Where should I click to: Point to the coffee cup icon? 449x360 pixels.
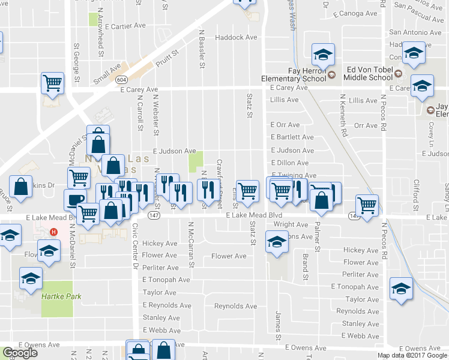[75, 199]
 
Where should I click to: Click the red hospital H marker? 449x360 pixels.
[54, 232]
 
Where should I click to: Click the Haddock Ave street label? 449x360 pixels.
[236, 37]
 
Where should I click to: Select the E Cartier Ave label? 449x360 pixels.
[125, 26]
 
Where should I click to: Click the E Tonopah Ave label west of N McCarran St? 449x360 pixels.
[166, 280]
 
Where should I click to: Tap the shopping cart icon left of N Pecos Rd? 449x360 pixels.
[367, 205]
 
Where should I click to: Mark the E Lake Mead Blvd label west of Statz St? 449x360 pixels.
[254, 215]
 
